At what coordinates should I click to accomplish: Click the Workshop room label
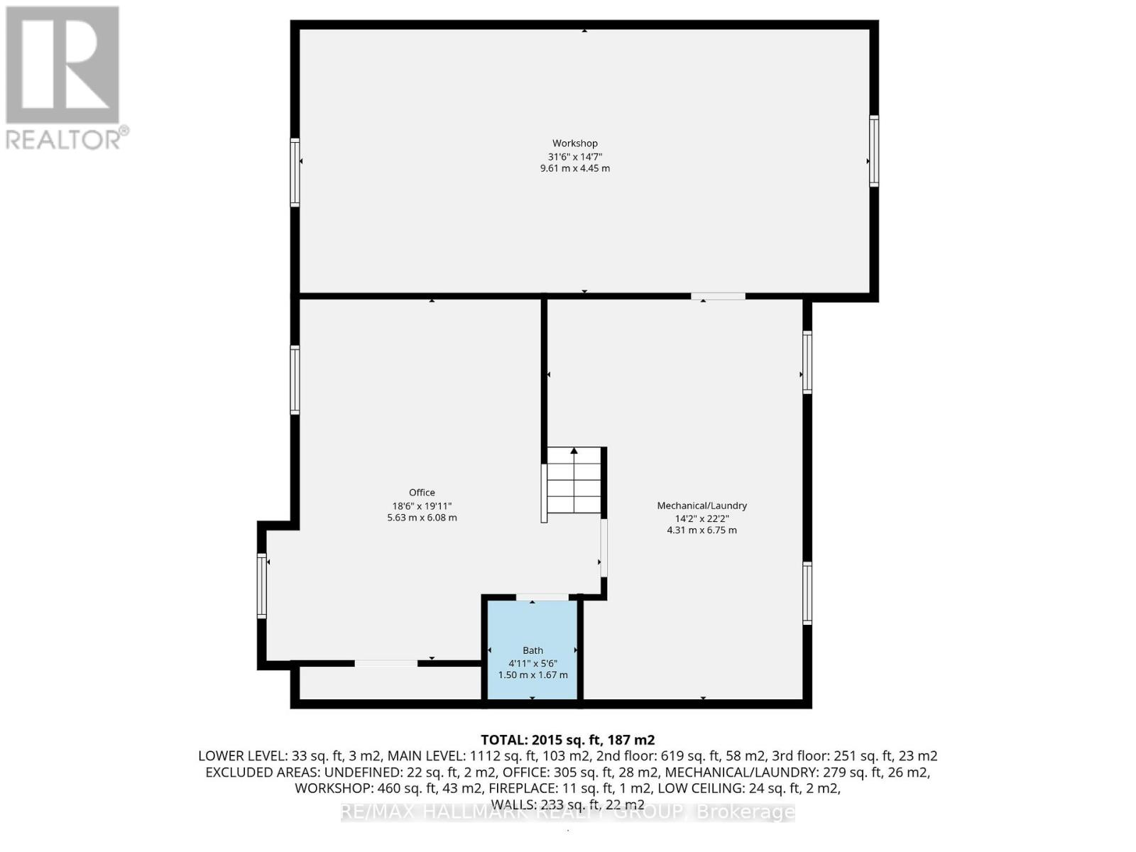point(574,143)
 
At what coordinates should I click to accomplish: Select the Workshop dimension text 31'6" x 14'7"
point(574,156)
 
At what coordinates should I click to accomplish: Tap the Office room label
point(422,492)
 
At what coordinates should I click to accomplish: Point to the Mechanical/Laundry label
point(701,506)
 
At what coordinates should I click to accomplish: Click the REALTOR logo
point(64,78)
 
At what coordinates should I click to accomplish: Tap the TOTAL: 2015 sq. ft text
point(567,740)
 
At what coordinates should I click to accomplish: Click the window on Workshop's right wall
point(874,151)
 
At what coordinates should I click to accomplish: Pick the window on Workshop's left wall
point(295,173)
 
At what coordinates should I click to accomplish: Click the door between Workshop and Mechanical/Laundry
point(718,296)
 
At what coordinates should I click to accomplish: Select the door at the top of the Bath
point(542,597)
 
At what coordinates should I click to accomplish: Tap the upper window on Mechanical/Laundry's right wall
point(807,362)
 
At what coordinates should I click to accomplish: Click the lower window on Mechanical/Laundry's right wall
point(807,593)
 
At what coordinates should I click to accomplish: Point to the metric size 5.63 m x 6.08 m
point(422,518)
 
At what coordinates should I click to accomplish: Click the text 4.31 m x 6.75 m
point(701,530)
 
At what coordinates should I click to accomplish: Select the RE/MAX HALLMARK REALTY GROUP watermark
point(567,812)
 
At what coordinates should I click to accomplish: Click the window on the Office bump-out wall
point(262,586)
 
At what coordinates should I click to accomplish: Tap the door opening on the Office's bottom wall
point(386,663)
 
